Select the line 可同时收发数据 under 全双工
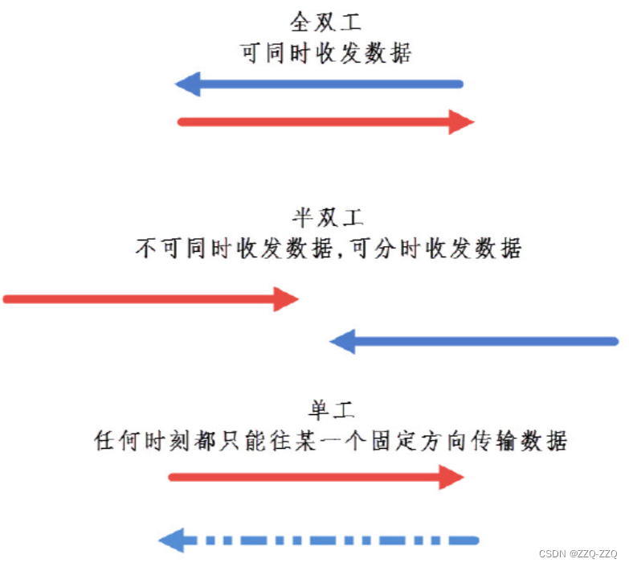[327, 53]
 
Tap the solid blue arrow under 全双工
[321, 84]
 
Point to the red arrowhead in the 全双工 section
[461, 122]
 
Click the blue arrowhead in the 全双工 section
[187, 84]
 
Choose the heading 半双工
[328, 218]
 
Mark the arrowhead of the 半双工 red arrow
[285, 299]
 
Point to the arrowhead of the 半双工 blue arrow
[343, 342]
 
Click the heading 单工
[328, 410]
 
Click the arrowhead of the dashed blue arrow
[173, 540]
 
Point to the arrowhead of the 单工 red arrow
[451, 477]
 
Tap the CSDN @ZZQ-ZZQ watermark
[578, 554]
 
